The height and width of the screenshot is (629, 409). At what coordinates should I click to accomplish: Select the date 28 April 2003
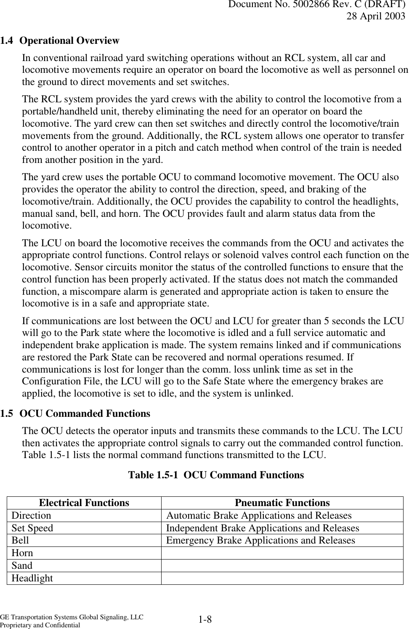(x=376, y=16)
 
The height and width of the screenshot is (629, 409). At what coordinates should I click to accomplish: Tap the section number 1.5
(x=7, y=413)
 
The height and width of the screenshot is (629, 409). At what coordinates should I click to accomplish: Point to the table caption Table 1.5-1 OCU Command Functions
(x=215, y=475)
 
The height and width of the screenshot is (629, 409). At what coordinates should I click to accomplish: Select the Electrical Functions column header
(x=84, y=503)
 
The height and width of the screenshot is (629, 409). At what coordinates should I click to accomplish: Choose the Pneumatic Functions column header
(x=282, y=503)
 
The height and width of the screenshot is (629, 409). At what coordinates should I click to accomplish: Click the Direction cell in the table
(x=32, y=515)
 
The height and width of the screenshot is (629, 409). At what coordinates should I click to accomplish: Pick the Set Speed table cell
(x=32, y=528)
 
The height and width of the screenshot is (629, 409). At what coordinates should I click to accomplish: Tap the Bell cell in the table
(x=21, y=540)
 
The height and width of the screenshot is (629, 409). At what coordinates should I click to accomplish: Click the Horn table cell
(x=22, y=553)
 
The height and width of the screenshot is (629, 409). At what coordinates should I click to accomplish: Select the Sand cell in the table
(x=22, y=565)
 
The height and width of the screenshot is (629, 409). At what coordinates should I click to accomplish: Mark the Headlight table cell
(x=32, y=578)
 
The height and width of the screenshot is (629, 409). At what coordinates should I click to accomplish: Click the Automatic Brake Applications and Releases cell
(x=259, y=515)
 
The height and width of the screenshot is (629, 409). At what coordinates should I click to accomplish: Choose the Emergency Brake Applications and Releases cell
(x=260, y=540)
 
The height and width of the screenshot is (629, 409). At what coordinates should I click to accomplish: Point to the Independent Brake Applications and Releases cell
(x=263, y=528)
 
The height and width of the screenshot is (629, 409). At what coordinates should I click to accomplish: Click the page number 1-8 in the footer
(x=205, y=620)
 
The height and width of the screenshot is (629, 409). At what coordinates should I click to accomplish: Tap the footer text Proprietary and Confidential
(x=40, y=625)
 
